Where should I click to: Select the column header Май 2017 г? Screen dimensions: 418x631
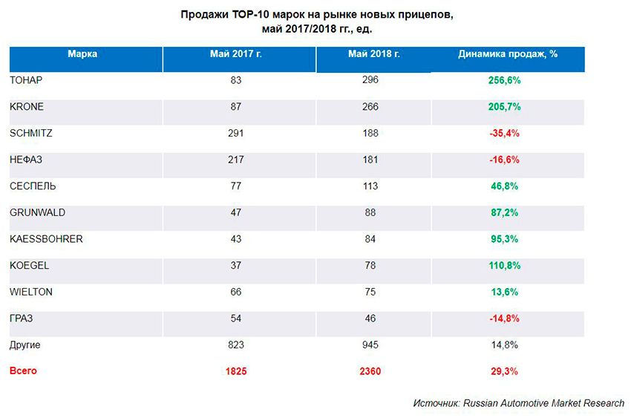[x=237, y=53]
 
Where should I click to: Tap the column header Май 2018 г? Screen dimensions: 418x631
[x=373, y=53]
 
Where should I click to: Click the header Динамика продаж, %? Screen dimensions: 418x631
[x=508, y=53]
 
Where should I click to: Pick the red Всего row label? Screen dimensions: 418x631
[x=23, y=370]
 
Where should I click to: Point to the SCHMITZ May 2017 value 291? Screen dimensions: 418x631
[x=237, y=133]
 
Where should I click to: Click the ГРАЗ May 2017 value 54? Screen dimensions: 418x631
[x=237, y=319]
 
